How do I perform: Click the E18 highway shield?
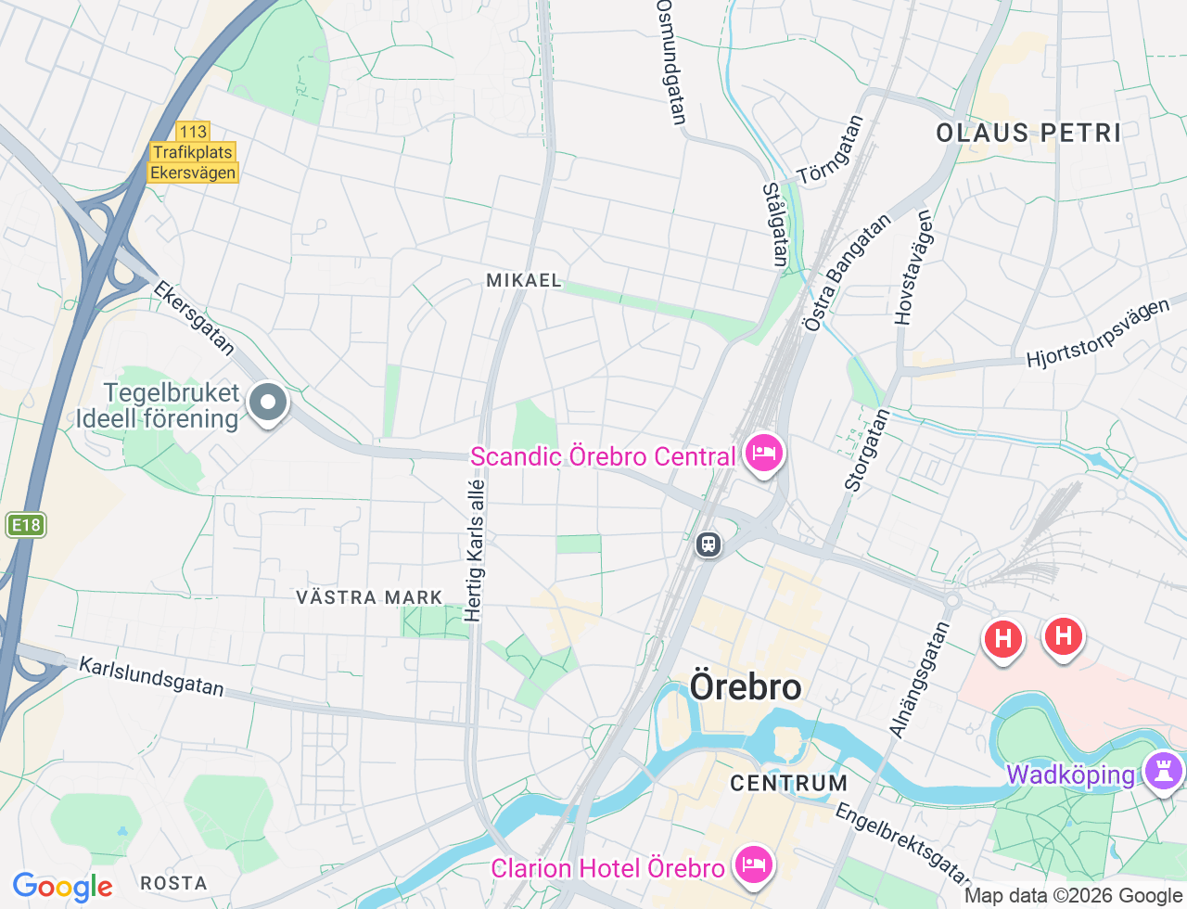(x=25, y=525)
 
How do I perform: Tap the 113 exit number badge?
(x=193, y=132)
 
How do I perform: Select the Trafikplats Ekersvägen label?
(x=193, y=162)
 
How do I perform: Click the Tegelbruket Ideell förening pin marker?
(x=268, y=403)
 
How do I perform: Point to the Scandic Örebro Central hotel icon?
(x=762, y=454)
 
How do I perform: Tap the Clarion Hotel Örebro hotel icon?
(x=753, y=866)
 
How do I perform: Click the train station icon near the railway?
(x=708, y=544)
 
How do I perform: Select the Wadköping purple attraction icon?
(x=1163, y=771)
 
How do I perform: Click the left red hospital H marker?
(x=1002, y=638)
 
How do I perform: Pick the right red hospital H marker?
(x=1063, y=636)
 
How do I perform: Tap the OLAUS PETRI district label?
(x=1028, y=133)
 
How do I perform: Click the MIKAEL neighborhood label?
(x=524, y=280)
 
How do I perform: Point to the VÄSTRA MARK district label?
(x=369, y=597)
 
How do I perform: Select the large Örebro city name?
(x=746, y=687)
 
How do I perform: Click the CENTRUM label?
(x=788, y=784)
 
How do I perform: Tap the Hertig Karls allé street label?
(x=475, y=550)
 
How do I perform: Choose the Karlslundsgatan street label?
(x=151, y=677)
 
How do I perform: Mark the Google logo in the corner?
(x=62, y=887)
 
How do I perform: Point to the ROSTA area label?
(x=173, y=883)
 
